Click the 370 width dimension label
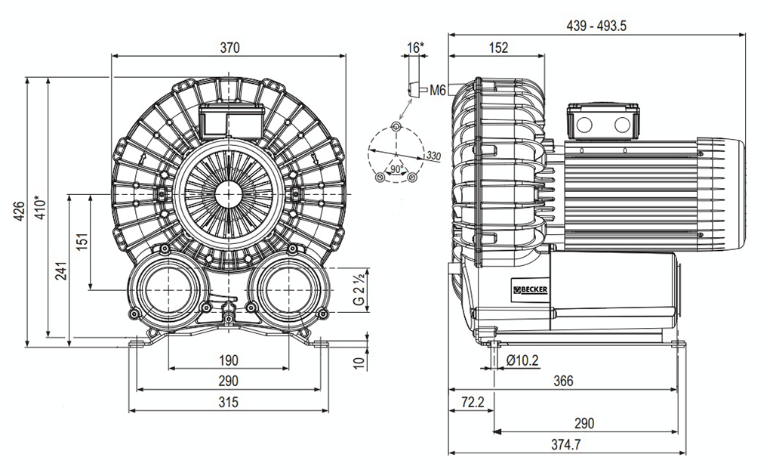point(229,48)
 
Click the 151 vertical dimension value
point(82,240)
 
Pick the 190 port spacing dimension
point(228,360)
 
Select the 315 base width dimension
point(228,403)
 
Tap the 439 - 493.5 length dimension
point(596,26)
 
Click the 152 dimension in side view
point(497,48)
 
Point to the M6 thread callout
point(439,91)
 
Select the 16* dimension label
point(415,48)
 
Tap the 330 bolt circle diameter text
point(433,156)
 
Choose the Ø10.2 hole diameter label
point(522,360)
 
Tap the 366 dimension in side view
point(562,381)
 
